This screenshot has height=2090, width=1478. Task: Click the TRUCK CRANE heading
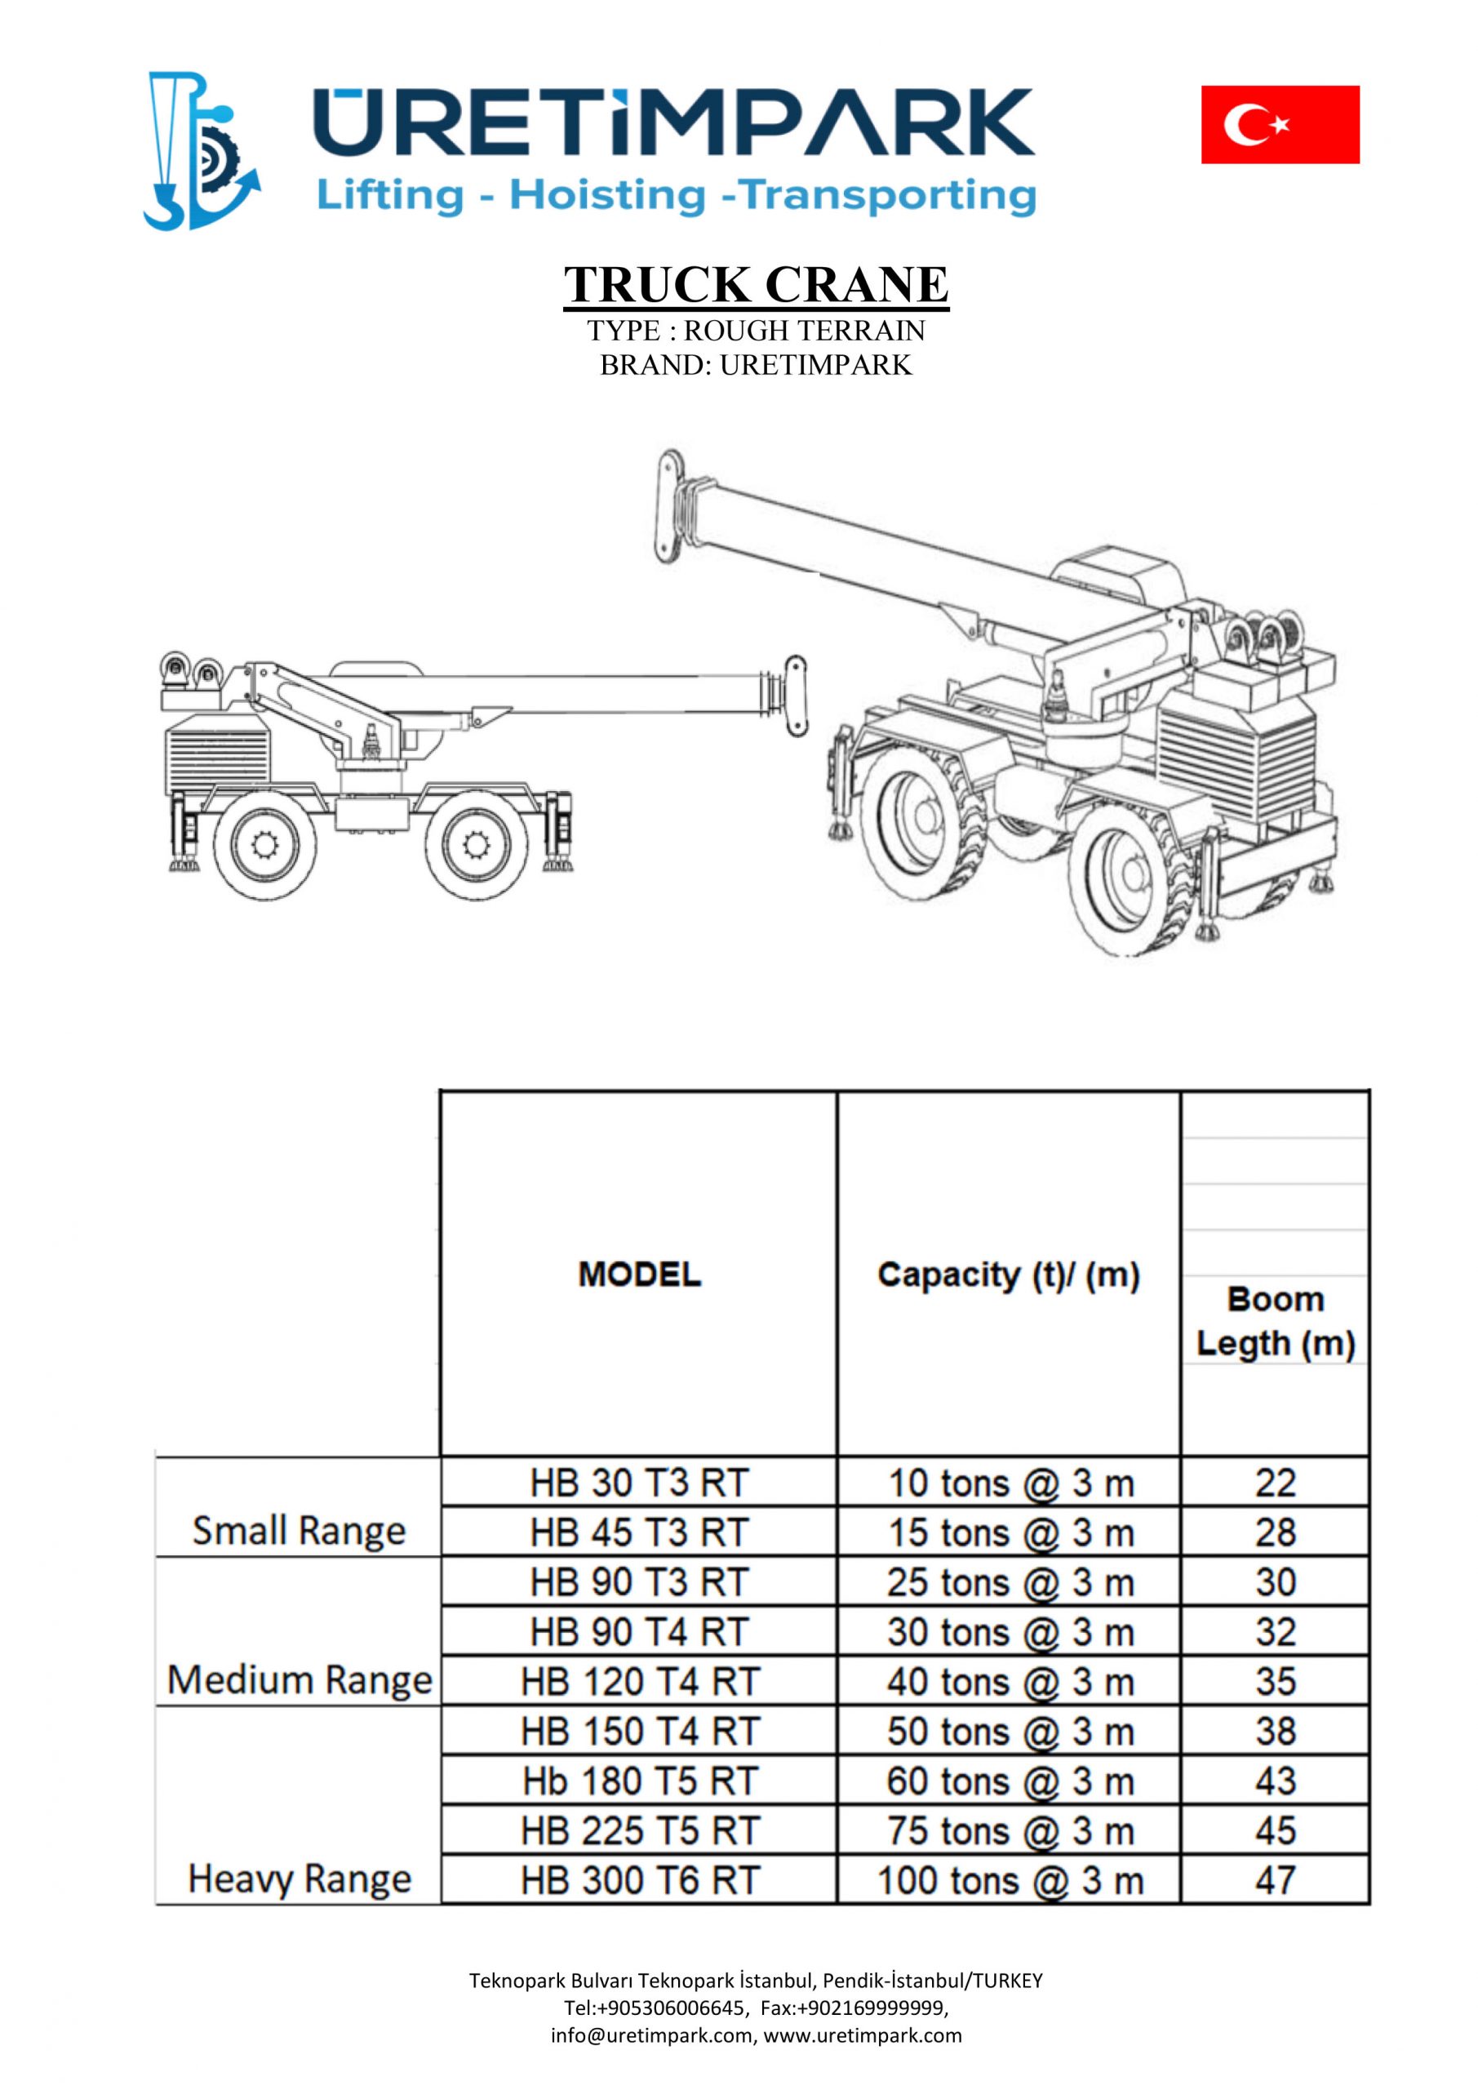[x=756, y=284]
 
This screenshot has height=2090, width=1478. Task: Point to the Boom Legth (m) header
[x=1275, y=1321]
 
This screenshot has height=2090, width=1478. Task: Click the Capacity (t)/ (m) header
[x=1009, y=1275]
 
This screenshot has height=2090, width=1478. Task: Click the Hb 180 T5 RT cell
[x=640, y=1781]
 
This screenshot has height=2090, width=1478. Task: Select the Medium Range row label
[x=300, y=1679]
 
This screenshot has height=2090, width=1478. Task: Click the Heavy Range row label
[x=300, y=1879]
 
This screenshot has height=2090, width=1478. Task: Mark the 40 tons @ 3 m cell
[x=1009, y=1681]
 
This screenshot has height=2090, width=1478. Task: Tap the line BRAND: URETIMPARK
[x=756, y=364]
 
